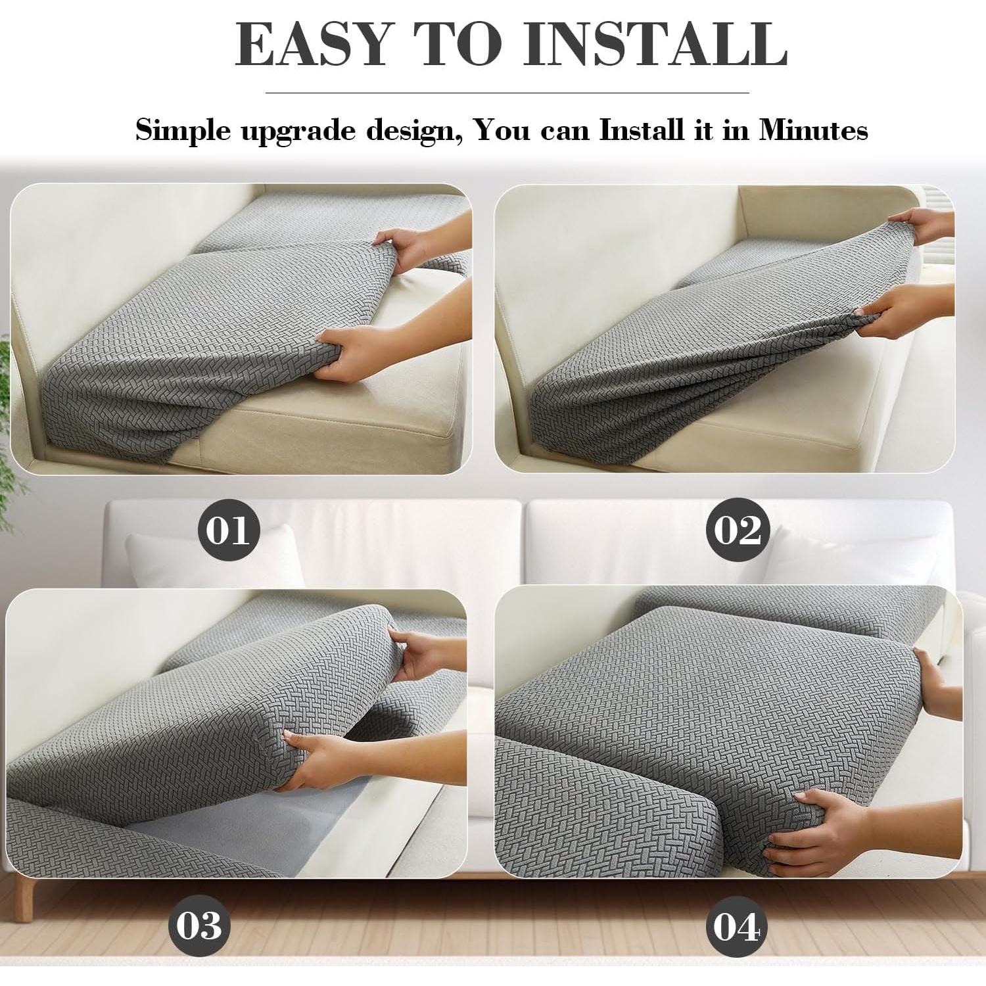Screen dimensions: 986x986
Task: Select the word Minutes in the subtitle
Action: (814, 130)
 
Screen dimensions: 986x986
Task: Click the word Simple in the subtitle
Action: (183, 130)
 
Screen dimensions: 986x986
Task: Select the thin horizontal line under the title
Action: (506, 93)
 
